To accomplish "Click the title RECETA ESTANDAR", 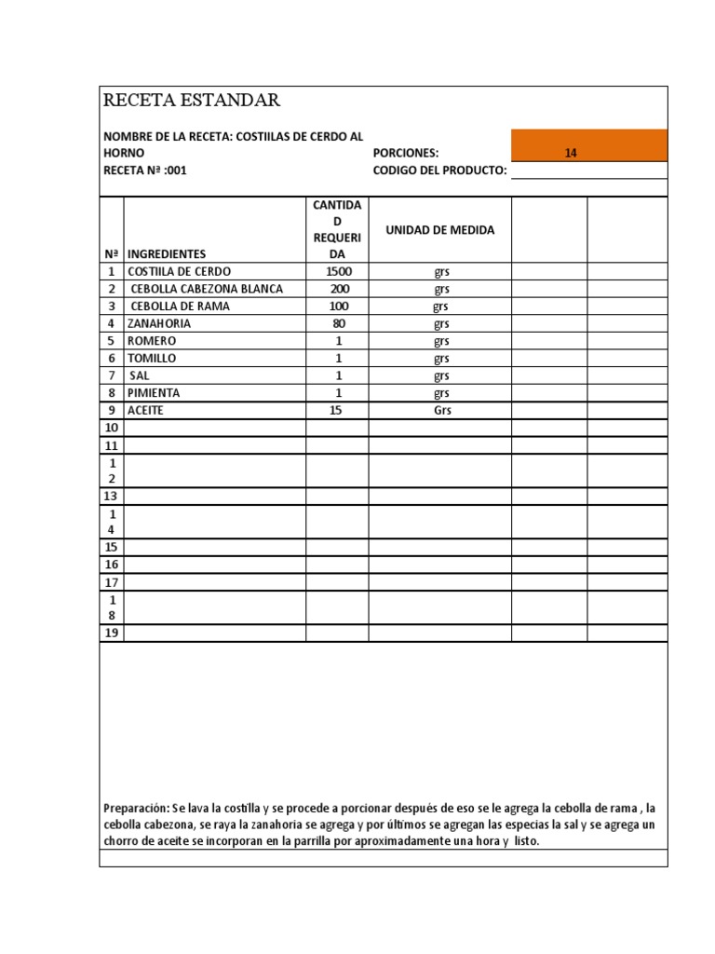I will (191, 101).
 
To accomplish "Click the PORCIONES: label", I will (405, 153).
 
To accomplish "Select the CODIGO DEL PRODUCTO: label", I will (439, 170).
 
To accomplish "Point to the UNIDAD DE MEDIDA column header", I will (440, 229).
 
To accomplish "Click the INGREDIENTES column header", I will (167, 253).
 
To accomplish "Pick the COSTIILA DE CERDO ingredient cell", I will (179, 271).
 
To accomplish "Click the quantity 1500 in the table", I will (339, 271).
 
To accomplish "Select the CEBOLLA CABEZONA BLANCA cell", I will (207, 289).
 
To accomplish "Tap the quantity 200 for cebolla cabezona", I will (339, 289).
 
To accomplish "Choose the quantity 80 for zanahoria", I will (339, 323).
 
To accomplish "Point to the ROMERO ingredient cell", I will (151, 341).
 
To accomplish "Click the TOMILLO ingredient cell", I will (152, 358).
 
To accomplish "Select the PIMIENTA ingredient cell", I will (154, 393).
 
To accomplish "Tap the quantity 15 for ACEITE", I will (339, 410).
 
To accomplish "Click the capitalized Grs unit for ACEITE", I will (441, 410).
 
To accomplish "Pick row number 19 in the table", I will (112, 634).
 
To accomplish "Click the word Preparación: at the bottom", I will (137, 808).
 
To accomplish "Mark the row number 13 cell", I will (112, 497).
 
